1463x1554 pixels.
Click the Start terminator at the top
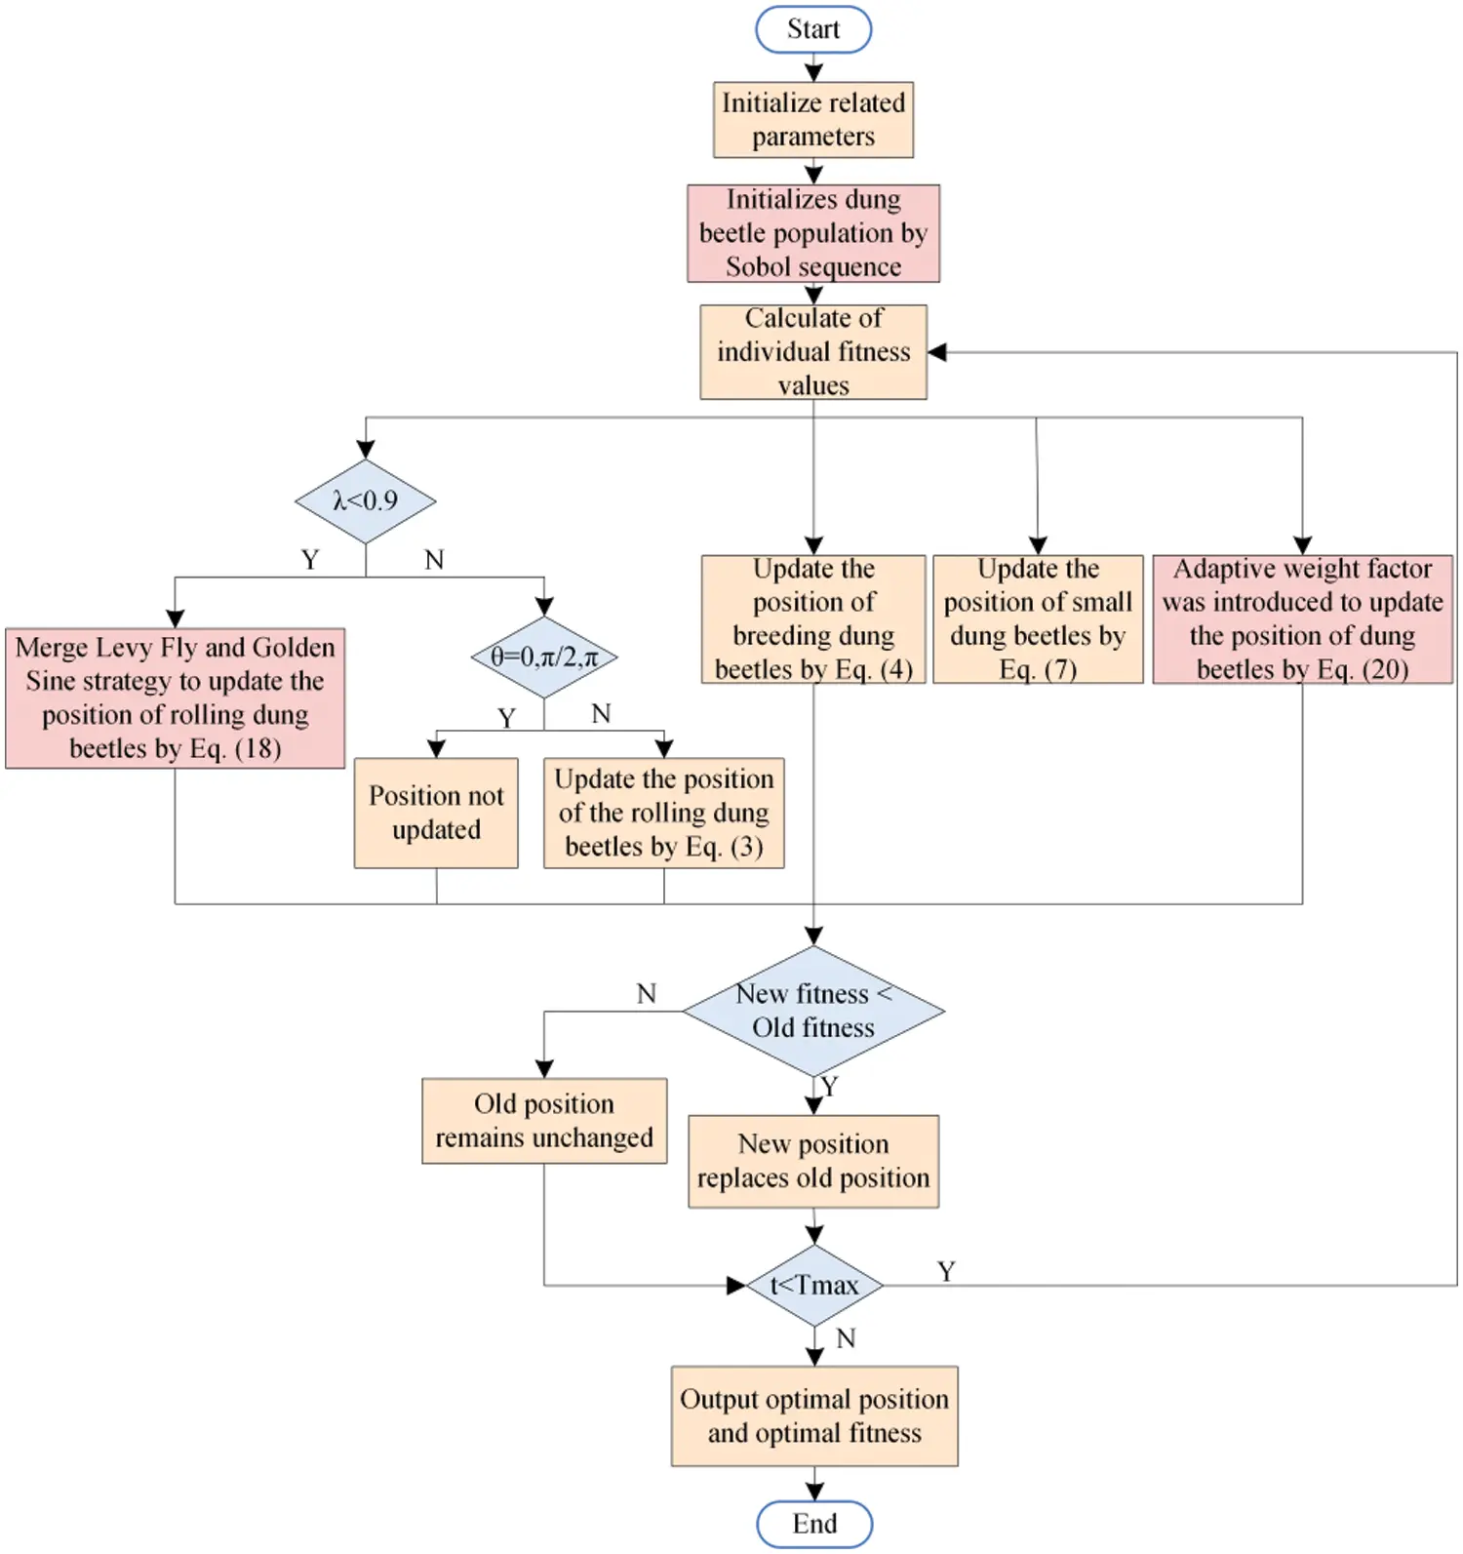coord(812,29)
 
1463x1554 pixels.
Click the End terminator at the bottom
coord(813,1523)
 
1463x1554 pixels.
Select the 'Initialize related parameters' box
coord(812,120)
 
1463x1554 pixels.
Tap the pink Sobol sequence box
coord(812,233)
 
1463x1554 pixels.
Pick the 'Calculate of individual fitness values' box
coord(812,351)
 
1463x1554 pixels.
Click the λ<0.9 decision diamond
coord(365,501)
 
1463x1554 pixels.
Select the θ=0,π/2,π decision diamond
coord(543,657)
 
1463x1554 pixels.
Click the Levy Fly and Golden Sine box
coord(175,697)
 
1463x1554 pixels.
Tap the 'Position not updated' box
coord(436,813)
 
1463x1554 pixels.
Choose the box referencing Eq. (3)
coord(663,813)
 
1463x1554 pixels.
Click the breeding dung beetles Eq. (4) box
coord(812,618)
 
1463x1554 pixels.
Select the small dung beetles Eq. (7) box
coord(1037,618)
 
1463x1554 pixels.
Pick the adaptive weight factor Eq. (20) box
coord(1301,618)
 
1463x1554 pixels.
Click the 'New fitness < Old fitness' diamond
coord(812,1011)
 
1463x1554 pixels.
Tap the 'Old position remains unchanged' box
coord(543,1120)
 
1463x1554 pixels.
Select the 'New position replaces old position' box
coord(812,1161)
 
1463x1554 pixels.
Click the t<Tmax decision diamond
coord(813,1285)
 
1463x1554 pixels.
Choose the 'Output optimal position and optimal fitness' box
coord(813,1415)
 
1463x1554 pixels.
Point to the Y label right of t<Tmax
coord(945,1271)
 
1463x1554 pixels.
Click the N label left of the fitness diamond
coord(646,993)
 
